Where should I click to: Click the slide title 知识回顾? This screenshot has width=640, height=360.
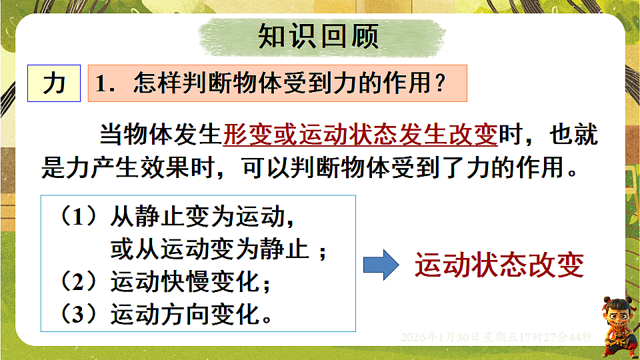(319, 37)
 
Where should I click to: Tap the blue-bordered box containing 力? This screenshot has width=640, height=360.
(54, 83)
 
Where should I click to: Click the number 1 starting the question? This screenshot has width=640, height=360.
(101, 83)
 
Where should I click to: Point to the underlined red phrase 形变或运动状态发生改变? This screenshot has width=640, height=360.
(360, 136)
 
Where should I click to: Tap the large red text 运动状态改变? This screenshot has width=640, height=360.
(499, 265)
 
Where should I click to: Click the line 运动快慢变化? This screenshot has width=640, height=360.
(184, 281)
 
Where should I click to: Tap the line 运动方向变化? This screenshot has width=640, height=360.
(184, 313)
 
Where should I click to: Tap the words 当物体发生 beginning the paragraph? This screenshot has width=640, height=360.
(160, 136)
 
